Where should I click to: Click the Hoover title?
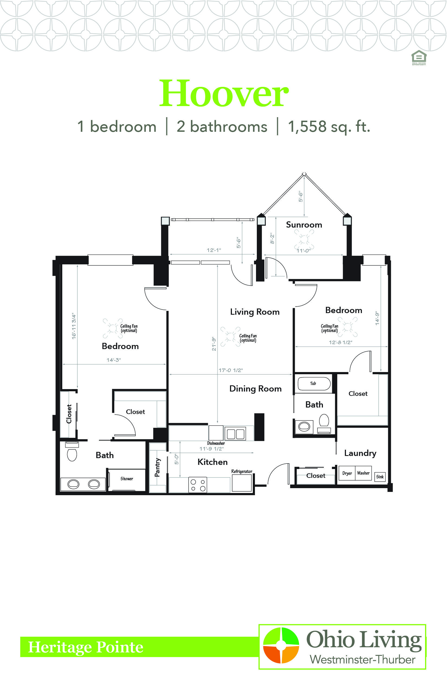click(x=224, y=93)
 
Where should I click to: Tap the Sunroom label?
click(x=304, y=225)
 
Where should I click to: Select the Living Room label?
click(x=255, y=312)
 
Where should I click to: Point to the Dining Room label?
click(x=255, y=389)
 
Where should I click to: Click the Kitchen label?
click(x=212, y=462)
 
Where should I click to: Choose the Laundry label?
click(x=360, y=453)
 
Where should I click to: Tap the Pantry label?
click(x=157, y=467)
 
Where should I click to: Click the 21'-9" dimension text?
click(x=214, y=344)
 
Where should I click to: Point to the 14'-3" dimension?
click(x=114, y=360)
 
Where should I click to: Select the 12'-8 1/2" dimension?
click(x=341, y=342)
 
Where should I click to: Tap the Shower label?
click(x=127, y=479)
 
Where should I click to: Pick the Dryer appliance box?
click(x=347, y=473)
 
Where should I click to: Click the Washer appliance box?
click(x=363, y=473)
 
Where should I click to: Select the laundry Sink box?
click(x=380, y=477)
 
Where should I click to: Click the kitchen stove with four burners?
click(x=198, y=485)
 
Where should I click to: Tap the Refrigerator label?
click(x=242, y=471)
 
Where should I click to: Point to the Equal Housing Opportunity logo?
click(x=419, y=58)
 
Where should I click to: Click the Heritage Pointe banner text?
click(x=86, y=647)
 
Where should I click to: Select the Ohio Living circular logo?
click(x=281, y=645)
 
